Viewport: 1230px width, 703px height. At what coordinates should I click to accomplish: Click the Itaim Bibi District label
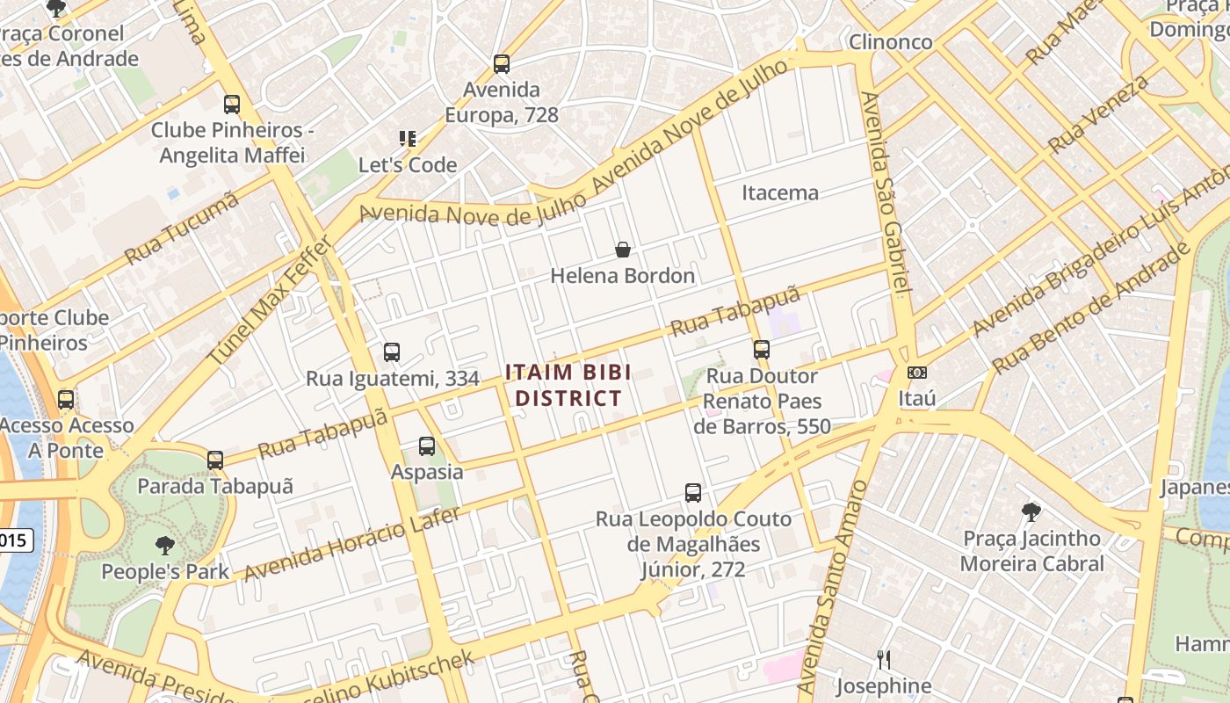pos(568,385)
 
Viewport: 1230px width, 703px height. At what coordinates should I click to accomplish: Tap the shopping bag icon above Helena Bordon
pos(623,250)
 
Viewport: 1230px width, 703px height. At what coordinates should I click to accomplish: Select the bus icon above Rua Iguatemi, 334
pos(392,352)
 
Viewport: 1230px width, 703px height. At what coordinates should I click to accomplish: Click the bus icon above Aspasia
pos(427,446)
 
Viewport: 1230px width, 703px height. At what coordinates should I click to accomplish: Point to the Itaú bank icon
pos(916,373)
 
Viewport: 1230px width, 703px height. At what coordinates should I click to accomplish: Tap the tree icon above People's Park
pos(164,546)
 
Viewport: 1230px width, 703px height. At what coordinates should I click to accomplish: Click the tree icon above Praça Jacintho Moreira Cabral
pos(1031,511)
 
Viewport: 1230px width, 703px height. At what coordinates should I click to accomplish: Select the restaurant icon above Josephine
pos(884,659)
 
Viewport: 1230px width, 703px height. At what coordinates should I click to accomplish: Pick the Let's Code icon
pos(407,139)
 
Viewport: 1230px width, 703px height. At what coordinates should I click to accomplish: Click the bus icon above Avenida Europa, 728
pos(502,64)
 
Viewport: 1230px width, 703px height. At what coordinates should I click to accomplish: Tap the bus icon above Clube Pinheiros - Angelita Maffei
pos(232,105)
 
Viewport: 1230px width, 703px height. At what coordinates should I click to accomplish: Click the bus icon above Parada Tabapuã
pos(215,460)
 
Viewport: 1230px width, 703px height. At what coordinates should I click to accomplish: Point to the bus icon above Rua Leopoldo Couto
pos(693,493)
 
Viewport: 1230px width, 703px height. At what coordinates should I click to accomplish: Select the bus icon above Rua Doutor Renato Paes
pos(762,350)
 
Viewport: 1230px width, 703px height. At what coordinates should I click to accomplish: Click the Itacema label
pos(780,192)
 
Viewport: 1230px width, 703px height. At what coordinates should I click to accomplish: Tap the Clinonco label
pos(890,41)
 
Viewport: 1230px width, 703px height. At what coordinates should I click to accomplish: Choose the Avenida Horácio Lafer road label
pos(351,543)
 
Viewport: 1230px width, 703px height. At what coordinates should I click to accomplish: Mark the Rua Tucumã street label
pos(182,228)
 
